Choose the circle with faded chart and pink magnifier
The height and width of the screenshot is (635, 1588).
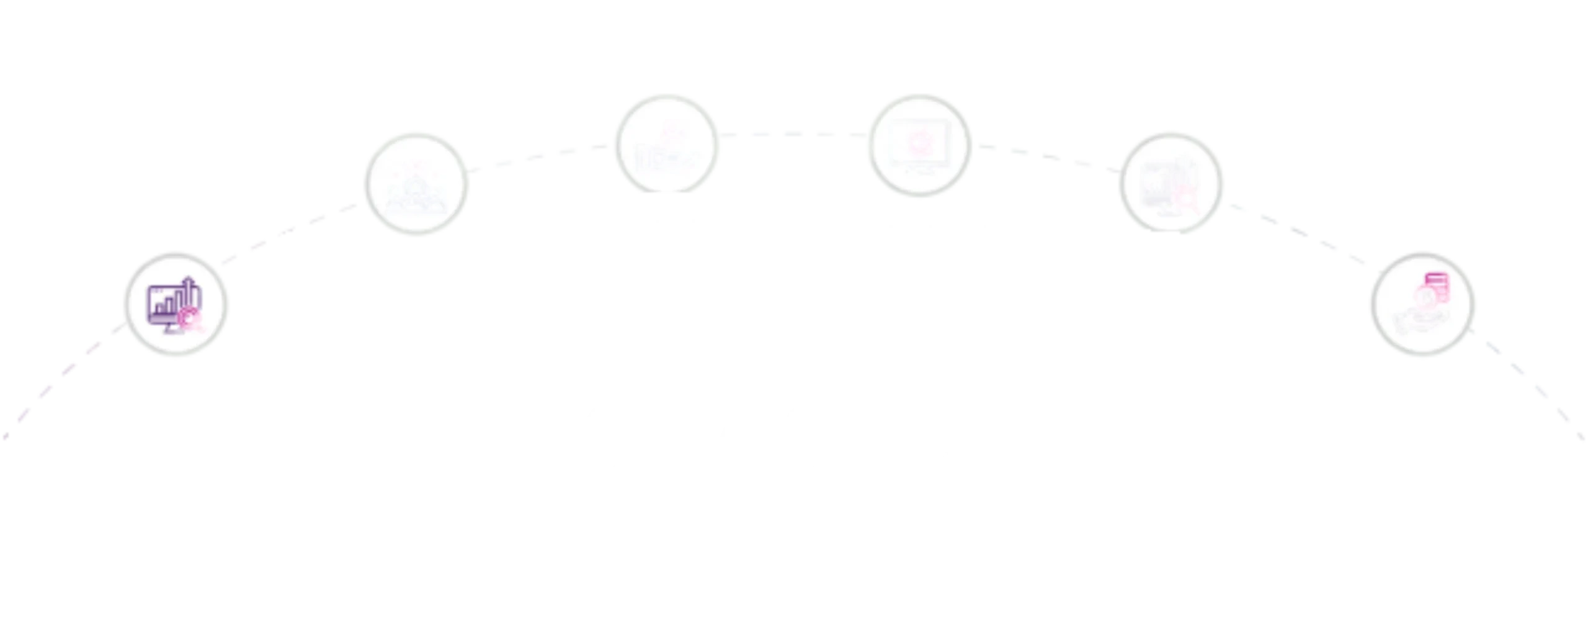(1171, 184)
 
